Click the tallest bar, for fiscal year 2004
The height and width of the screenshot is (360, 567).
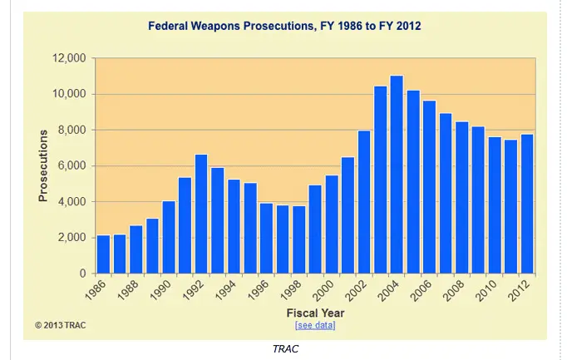tap(397, 175)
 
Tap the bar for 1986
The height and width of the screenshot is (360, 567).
tap(103, 254)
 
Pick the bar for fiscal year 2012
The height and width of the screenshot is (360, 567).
tap(526, 204)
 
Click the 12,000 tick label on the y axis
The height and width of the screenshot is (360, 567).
tap(68, 58)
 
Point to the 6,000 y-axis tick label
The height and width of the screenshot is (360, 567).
tap(71, 166)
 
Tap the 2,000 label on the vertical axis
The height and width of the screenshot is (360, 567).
tap(71, 238)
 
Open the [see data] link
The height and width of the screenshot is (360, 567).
tap(315, 325)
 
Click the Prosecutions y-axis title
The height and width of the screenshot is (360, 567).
tap(43, 166)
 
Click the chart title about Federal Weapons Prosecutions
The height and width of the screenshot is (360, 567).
tap(284, 27)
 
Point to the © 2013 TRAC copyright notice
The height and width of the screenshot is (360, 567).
tap(60, 325)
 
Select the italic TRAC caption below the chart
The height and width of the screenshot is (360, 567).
tap(285, 348)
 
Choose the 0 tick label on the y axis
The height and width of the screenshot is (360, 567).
tap(81, 274)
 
